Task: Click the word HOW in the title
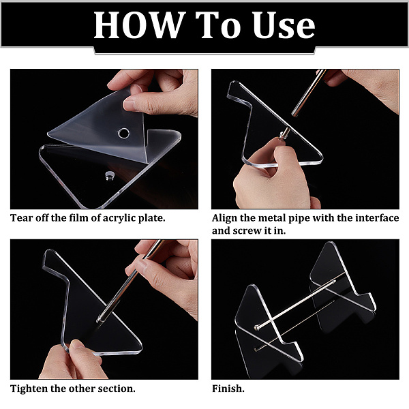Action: (139, 25)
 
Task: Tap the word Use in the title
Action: (284, 25)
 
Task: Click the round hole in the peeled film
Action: (123, 133)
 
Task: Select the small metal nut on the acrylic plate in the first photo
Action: (110, 176)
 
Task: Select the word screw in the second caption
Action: (247, 231)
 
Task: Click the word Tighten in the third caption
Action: (29, 389)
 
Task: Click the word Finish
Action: (228, 389)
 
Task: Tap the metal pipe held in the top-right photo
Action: (309, 92)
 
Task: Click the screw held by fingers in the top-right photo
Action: (284, 134)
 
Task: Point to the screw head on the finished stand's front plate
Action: (257, 327)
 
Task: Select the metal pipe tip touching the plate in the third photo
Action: (99, 320)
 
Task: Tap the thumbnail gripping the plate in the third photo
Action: (77, 344)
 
